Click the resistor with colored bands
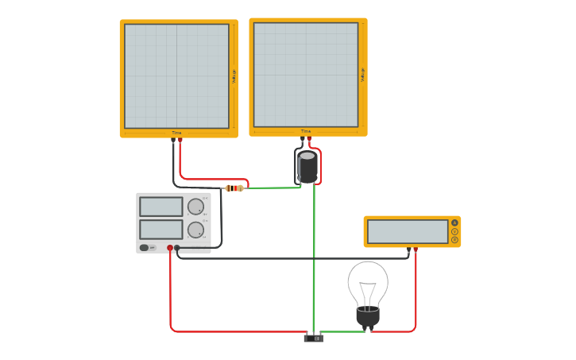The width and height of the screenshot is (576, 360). point(234,188)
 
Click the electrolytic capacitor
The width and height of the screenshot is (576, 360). point(307,167)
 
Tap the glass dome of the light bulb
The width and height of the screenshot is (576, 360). point(368,283)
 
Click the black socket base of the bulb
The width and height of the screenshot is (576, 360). point(367,316)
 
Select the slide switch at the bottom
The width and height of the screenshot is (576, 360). point(314,339)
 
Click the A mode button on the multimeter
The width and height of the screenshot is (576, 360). point(454,223)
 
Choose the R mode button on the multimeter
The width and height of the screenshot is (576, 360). point(454,239)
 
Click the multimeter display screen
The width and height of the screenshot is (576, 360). point(408,231)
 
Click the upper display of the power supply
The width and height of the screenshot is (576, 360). point(161,207)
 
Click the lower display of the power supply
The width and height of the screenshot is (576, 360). point(161,230)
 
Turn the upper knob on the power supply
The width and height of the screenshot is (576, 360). point(195,207)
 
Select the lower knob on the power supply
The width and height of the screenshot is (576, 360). point(195,230)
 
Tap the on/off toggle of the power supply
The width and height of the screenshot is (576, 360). point(145,248)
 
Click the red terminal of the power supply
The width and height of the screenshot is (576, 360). point(170,248)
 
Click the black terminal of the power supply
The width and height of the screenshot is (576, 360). point(177,248)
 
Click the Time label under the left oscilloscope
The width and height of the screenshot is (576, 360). point(176,133)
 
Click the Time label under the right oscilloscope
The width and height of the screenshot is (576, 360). point(306,131)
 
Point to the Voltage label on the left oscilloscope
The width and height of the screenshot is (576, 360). point(234,76)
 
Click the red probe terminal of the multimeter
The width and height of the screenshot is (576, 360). point(416,249)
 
